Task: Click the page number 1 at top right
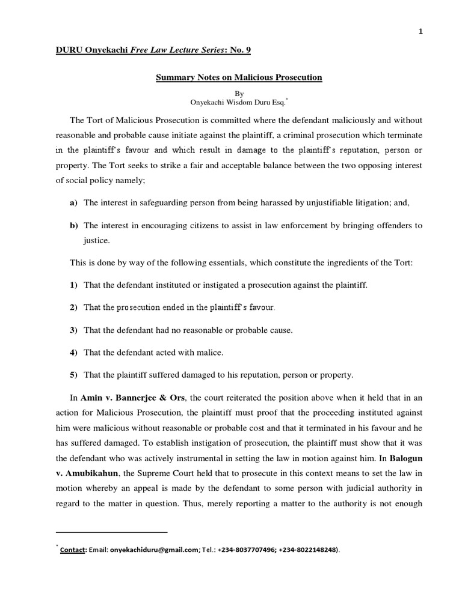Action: click(x=420, y=16)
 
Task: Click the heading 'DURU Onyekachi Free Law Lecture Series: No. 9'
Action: click(x=153, y=50)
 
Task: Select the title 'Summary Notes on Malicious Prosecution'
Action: click(x=239, y=78)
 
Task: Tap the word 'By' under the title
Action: click(x=239, y=94)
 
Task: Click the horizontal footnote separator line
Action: click(x=111, y=532)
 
